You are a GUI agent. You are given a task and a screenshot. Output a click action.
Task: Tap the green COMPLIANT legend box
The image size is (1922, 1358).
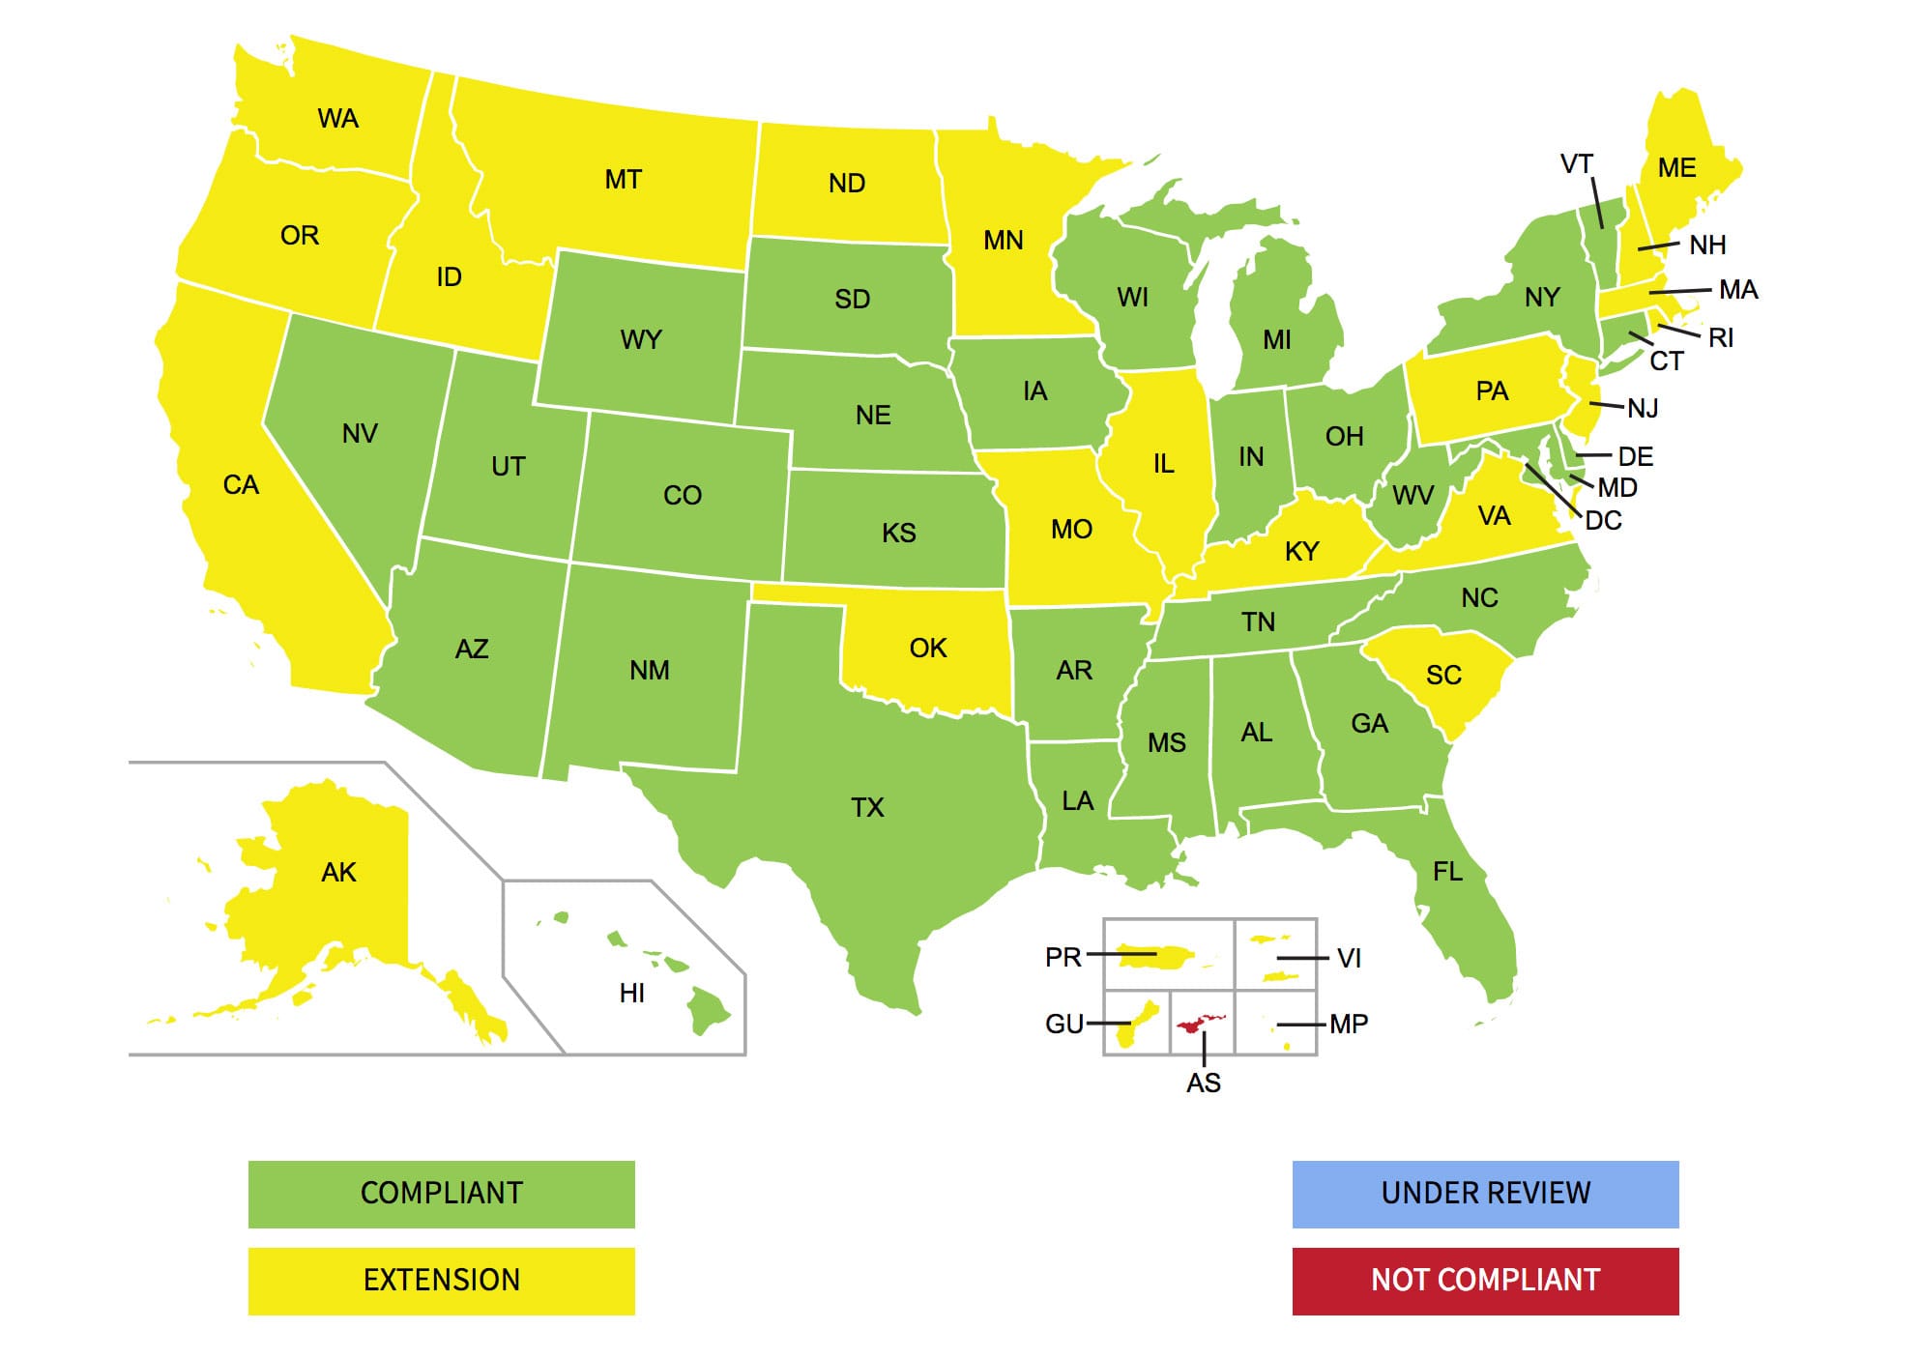tap(441, 1194)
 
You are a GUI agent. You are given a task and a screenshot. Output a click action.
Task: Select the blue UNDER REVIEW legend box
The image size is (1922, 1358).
tap(1485, 1194)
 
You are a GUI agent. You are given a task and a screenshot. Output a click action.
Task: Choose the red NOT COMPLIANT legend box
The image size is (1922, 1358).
tap(1485, 1281)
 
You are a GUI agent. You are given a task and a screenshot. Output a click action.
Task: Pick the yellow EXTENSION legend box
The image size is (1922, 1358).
tap(441, 1281)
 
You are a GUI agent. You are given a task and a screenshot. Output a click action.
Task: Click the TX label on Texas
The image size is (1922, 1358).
tap(867, 807)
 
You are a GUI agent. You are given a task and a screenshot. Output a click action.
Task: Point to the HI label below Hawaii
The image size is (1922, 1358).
tap(631, 993)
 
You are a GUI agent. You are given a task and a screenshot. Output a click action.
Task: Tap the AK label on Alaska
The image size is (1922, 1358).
tap(338, 872)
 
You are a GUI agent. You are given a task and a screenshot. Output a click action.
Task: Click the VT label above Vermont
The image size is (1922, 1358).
tap(1576, 164)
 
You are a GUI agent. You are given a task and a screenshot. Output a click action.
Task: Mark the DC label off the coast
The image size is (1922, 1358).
tap(1603, 520)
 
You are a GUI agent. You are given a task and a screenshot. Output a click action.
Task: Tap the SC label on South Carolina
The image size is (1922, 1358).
tap(1443, 675)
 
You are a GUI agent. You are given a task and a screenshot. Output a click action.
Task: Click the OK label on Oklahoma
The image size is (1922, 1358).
tap(928, 648)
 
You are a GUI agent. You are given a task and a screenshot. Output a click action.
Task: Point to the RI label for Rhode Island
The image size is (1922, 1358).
tap(1720, 337)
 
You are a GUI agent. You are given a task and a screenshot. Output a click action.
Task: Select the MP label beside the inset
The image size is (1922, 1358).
tap(1349, 1024)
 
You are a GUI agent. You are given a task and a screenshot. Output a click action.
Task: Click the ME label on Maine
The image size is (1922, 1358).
tap(1676, 168)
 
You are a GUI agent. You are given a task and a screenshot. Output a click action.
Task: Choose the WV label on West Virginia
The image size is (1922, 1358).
tap(1412, 496)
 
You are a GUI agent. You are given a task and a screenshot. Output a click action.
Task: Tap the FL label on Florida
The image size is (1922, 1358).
tap(1447, 872)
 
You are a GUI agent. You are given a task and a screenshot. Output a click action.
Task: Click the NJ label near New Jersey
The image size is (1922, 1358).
tap(1643, 408)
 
